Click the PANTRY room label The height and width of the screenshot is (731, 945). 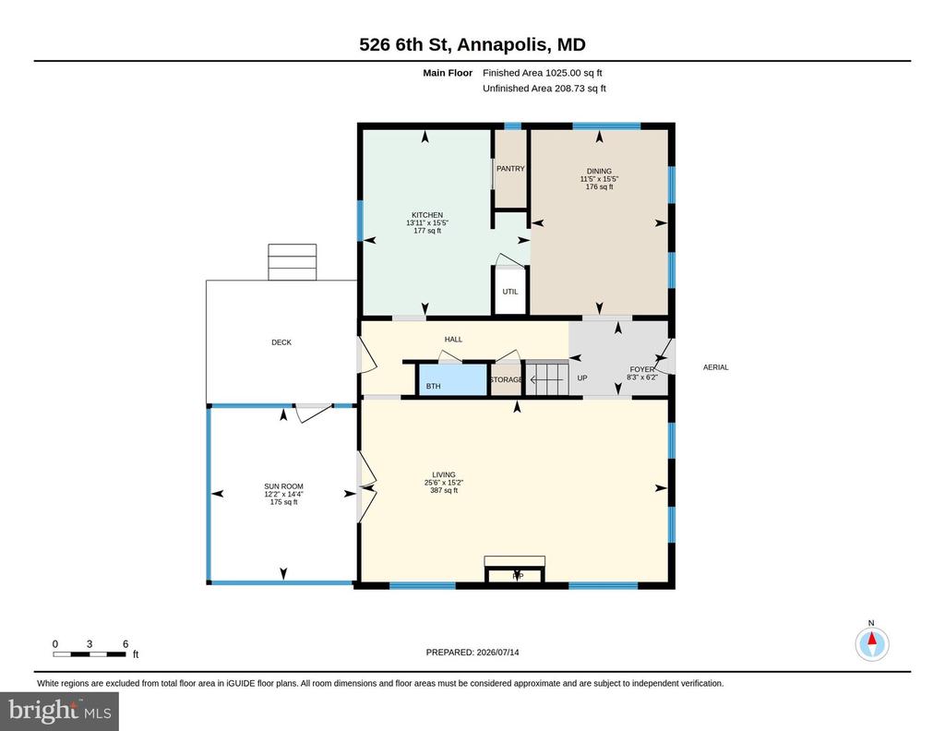pyautogui.click(x=510, y=169)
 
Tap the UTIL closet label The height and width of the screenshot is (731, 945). pyautogui.click(x=510, y=292)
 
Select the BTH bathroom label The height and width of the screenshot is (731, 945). pyautogui.click(x=434, y=387)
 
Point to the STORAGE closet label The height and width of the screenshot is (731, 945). pyautogui.click(x=507, y=379)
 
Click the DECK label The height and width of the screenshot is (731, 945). pyautogui.click(x=281, y=342)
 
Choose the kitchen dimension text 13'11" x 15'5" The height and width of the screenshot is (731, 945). pyautogui.click(x=427, y=223)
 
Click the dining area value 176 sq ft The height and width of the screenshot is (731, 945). pyautogui.click(x=600, y=186)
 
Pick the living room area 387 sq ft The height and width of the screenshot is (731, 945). pyautogui.click(x=444, y=490)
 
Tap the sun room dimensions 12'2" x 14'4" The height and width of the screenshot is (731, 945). pyautogui.click(x=284, y=494)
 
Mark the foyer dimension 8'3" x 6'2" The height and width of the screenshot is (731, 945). pyautogui.click(x=642, y=377)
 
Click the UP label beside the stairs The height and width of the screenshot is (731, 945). pyautogui.click(x=582, y=377)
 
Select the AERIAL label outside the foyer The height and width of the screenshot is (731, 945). pyautogui.click(x=716, y=367)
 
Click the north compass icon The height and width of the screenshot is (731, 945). pyautogui.click(x=871, y=643)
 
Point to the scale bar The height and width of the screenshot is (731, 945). pyautogui.click(x=90, y=653)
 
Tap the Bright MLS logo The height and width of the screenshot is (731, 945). pyautogui.click(x=60, y=711)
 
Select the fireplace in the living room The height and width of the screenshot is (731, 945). pyautogui.click(x=515, y=569)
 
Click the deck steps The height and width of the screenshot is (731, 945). pyautogui.click(x=293, y=262)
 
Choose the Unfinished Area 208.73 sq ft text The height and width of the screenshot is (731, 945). pyautogui.click(x=544, y=89)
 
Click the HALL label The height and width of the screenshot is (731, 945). pyautogui.click(x=453, y=340)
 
